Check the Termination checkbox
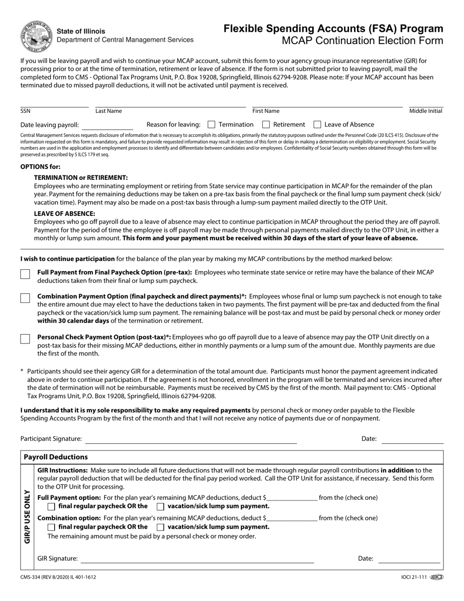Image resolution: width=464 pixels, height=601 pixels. coord(211,125)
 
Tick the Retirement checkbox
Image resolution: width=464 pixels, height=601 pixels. coord(266,125)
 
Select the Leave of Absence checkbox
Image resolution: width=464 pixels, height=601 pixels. coord(317,125)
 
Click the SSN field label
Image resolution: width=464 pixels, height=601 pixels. coord(25,111)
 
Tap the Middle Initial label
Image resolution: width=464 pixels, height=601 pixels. coord(425,111)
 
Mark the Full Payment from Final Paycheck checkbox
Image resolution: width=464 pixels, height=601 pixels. coord(25,274)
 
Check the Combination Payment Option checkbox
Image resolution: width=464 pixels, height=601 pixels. coord(25,298)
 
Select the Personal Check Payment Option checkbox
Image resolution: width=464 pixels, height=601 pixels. coord(25,339)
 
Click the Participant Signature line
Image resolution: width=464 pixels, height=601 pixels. coord(191,439)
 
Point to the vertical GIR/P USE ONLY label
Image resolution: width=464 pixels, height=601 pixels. coord(27,517)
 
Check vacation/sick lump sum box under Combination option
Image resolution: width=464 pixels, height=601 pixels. coord(160,527)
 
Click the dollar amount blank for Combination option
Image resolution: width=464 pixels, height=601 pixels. coord(292,518)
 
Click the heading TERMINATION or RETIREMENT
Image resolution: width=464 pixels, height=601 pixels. coord(81,177)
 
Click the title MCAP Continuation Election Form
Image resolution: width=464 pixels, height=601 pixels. coord(362,41)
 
